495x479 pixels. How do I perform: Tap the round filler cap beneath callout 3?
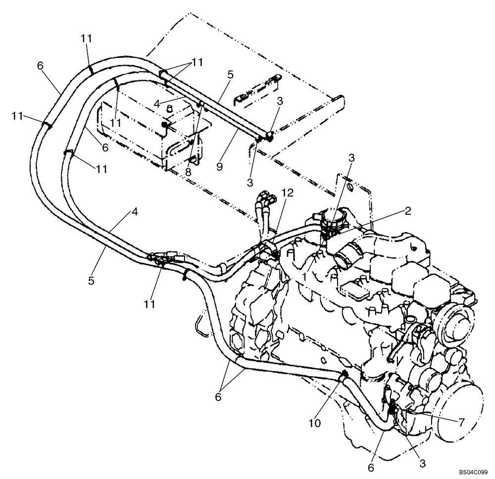(330, 218)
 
